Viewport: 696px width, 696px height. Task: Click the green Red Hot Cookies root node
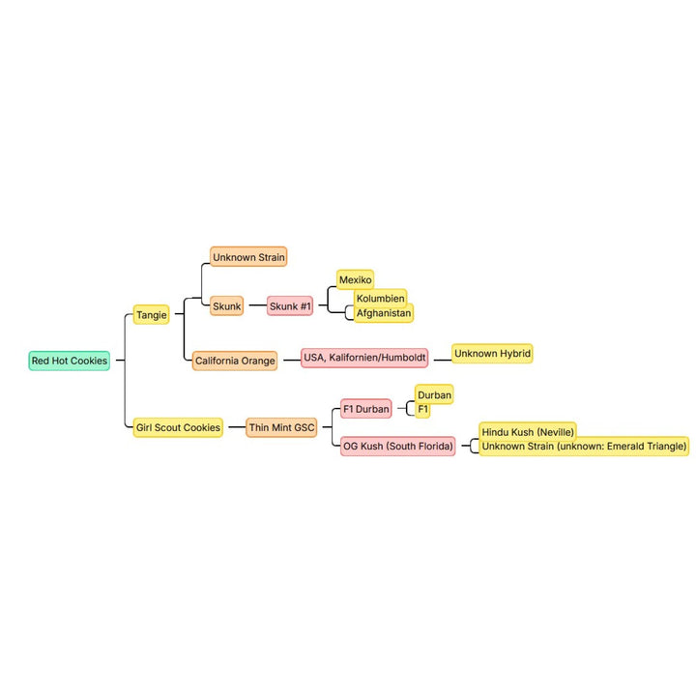(x=70, y=361)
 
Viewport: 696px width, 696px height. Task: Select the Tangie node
(x=152, y=315)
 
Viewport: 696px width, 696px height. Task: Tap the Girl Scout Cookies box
(x=178, y=427)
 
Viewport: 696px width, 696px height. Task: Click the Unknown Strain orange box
(x=248, y=256)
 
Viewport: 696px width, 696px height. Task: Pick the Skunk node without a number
(x=227, y=305)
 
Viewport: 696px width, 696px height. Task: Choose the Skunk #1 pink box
(x=290, y=305)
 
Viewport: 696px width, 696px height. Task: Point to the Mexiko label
(x=355, y=279)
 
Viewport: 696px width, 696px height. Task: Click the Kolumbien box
(x=381, y=298)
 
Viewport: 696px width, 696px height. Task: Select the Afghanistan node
(x=384, y=313)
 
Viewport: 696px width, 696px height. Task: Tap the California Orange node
(x=235, y=361)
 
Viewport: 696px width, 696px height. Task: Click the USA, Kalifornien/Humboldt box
(x=364, y=358)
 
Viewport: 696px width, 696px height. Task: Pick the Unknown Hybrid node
(x=492, y=354)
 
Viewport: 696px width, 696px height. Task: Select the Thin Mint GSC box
(x=281, y=427)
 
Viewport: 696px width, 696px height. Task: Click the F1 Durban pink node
(x=366, y=409)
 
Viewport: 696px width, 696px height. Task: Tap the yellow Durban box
(x=434, y=394)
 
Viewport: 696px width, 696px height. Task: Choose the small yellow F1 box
(x=422, y=409)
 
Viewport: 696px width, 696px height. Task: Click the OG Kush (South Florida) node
(x=398, y=446)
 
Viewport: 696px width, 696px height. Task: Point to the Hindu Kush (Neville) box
(x=528, y=430)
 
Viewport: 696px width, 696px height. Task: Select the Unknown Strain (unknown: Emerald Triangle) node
(x=584, y=446)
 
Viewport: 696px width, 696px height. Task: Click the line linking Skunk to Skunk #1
(x=257, y=305)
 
